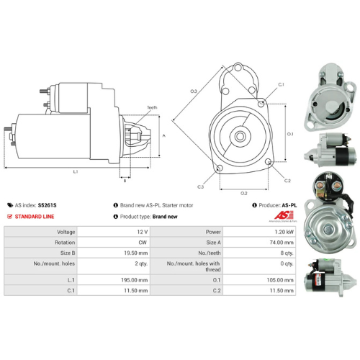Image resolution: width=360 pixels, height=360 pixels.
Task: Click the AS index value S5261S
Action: (47, 205)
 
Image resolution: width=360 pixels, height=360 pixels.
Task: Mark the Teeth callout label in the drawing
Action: (152, 108)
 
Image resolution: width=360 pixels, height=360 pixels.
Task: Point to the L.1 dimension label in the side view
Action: (76, 171)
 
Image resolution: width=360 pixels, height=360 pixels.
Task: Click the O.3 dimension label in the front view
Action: (194, 91)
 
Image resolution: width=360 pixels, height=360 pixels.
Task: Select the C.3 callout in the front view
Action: (200, 187)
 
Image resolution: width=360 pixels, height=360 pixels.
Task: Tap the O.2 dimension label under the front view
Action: (243, 193)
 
